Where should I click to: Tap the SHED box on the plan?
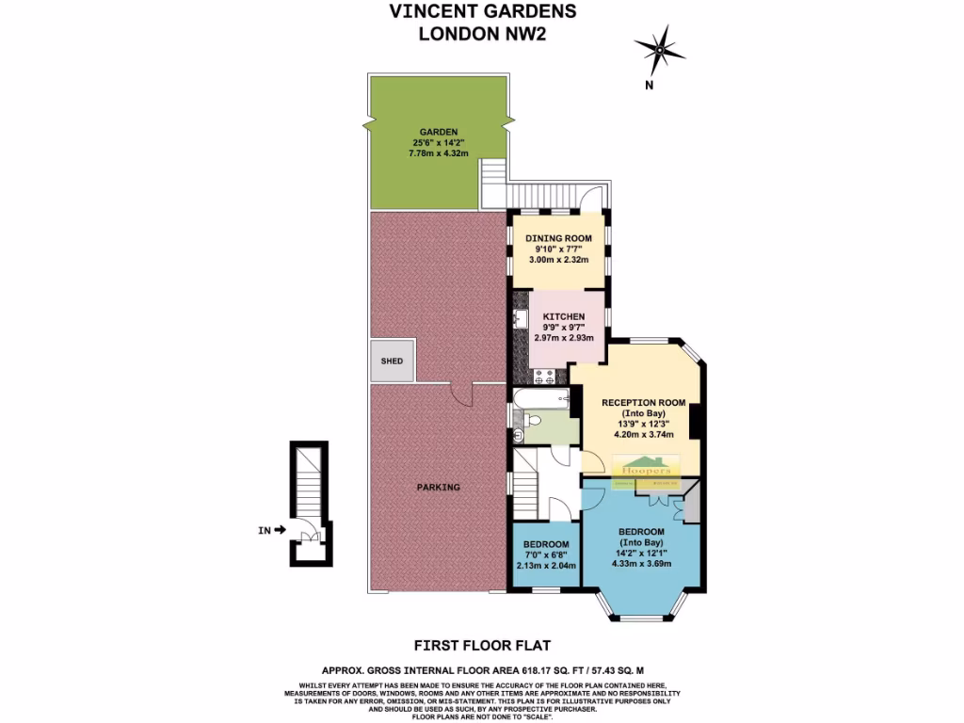(x=391, y=361)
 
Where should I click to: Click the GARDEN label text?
(x=439, y=132)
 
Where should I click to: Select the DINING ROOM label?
(x=558, y=238)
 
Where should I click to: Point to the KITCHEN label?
(x=564, y=316)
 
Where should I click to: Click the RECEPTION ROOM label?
(x=643, y=403)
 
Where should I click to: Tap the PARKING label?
(x=439, y=488)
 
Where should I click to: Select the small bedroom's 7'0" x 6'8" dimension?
(x=546, y=555)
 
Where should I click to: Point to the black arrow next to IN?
(x=280, y=531)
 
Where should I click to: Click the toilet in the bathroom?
(x=520, y=434)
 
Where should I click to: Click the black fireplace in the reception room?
(x=696, y=421)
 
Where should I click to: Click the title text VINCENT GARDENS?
(x=482, y=12)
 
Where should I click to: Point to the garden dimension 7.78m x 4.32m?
(x=439, y=153)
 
